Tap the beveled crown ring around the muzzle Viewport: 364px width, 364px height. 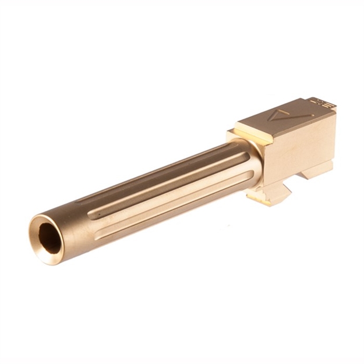click(38, 245)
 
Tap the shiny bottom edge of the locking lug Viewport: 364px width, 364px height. click(264, 201)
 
